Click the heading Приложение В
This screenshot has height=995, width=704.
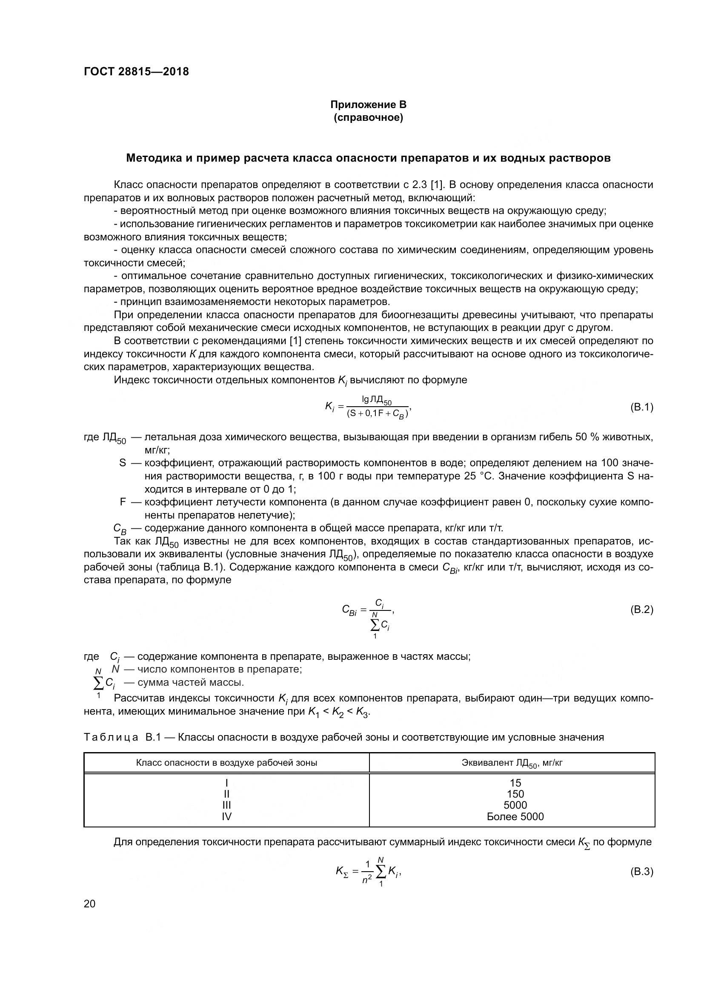[x=369, y=105]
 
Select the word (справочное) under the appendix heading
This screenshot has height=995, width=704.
[x=369, y=117]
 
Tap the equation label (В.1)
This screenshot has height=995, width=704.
[x=641, y=408]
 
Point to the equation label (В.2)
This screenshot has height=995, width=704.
[x=641, y=610]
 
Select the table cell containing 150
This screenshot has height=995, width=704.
[x=515, y=794]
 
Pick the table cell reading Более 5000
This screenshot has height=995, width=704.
[x=515, y=816]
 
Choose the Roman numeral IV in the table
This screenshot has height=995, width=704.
[x=226, y=816]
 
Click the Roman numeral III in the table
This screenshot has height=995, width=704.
[x=226, y=805]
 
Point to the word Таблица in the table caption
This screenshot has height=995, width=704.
[x=111, y=737]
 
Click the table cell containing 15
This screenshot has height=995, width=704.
[x=515, y=783]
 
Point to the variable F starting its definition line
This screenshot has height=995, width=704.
[x=123, y=502]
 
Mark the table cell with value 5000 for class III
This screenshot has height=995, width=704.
[x=515, y=805]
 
